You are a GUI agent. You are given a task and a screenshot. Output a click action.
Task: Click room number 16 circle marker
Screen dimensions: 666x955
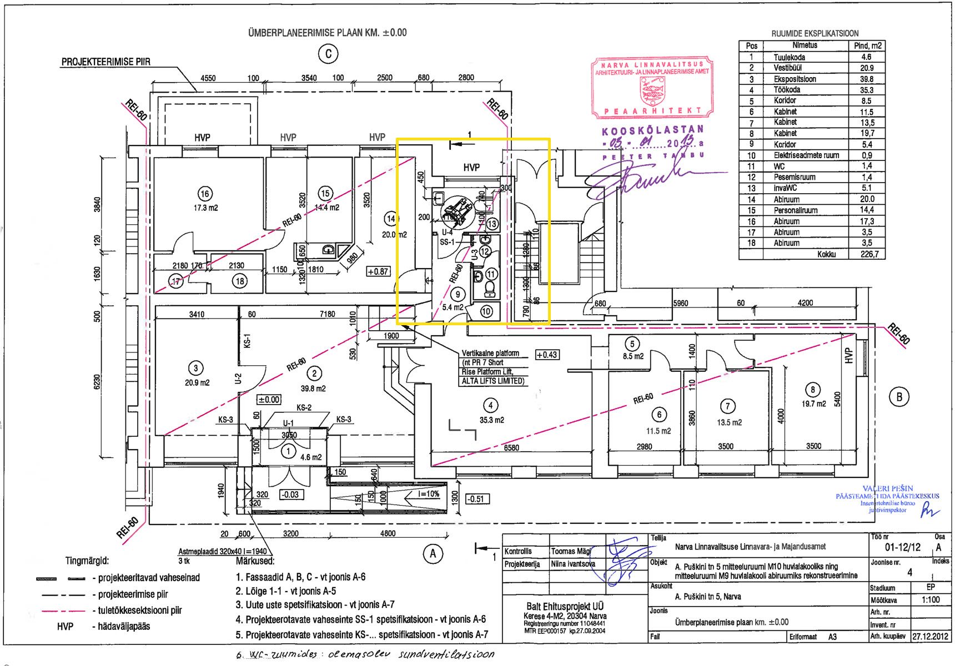point(205,194)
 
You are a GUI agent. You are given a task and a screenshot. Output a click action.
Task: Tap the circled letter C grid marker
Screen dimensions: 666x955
point(328,54)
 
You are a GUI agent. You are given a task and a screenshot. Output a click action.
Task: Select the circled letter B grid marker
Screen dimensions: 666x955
point(899,396)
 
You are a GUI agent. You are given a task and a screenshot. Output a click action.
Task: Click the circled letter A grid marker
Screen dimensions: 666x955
point(433,553)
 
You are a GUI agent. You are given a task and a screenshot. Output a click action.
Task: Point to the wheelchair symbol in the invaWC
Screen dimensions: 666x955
point(458,210)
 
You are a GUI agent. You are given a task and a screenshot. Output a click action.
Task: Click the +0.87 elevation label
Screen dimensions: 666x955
point(378,271)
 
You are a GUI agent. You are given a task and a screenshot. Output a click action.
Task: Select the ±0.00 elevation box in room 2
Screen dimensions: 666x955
point(269,400)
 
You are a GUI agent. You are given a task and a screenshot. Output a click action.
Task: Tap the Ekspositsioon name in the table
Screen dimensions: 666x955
point(795,79)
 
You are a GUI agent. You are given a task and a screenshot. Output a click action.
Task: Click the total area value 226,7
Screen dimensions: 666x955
point(867,254)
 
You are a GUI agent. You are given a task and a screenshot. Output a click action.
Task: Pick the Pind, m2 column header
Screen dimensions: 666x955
point(867,46)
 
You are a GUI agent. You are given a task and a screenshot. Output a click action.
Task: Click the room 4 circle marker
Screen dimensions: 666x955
point(490,406)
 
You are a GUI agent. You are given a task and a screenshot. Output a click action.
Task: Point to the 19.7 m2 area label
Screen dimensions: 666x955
point(813,404)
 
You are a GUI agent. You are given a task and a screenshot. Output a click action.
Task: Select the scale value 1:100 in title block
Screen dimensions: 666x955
point(931,599)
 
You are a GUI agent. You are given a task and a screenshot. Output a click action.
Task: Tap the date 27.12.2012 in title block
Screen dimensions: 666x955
point(931,637)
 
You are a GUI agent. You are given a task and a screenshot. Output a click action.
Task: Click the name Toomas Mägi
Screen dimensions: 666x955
point(571,551)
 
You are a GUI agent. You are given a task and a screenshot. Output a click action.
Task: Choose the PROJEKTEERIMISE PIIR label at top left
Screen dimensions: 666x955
point(105,62)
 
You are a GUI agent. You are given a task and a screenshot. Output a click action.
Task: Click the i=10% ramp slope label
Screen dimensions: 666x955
point(429,494)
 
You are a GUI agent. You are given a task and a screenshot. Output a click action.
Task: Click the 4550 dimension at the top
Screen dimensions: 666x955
point(208,78)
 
